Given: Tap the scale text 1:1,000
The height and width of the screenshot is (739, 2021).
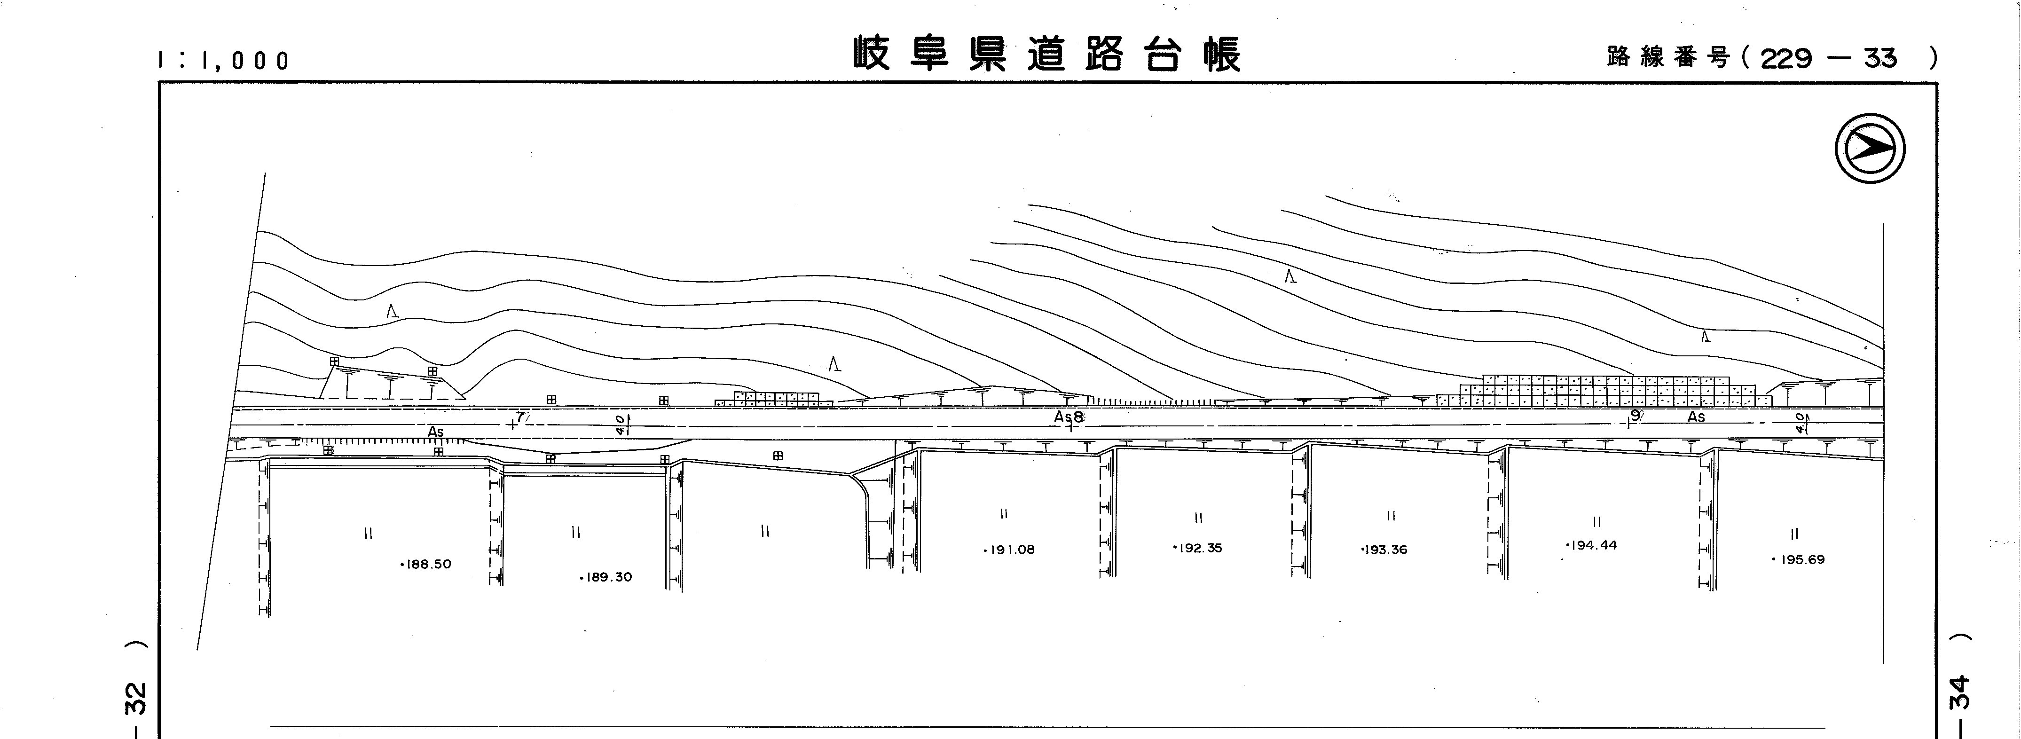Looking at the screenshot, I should pyautogui.click(x=224, y=60).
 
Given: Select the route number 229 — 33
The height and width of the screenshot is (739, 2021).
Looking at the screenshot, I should pyautogui.click(x=1828, y=58).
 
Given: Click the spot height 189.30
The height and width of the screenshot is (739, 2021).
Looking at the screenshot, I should pyautogui.click(x=606, y=577).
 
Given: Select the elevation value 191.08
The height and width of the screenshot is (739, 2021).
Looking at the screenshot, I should pyautogui.click(x=1010, y=550).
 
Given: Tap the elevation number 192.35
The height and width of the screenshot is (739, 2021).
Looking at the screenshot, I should pyautogui.click(x=1199, y=548).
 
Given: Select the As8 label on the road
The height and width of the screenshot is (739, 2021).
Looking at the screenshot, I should pyautogui.click(x=1069, y=417).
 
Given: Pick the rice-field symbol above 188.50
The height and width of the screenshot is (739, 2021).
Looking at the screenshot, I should pyautogui.click(x=369, y=534).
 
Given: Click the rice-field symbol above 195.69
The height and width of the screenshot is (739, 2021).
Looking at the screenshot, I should pyautogui.click(x=1794, y=534).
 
